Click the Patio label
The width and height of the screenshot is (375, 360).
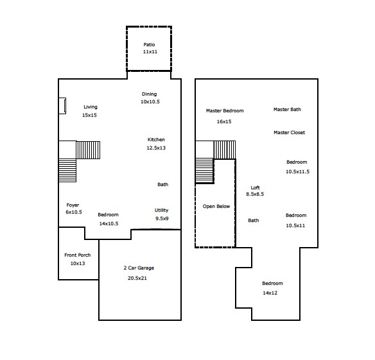pos(148,44)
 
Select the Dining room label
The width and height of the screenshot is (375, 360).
pos(149,94)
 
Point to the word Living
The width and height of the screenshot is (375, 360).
pos(90,107)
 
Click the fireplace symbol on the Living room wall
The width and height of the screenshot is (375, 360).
pos(62,106)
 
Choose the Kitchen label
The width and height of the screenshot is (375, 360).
pos(156,140)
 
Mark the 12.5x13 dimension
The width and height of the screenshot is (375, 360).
pos(156,148)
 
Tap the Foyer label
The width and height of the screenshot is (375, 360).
pos(73,205)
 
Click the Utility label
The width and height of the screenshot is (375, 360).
pos(161,210)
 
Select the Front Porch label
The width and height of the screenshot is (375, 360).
pos(77,255)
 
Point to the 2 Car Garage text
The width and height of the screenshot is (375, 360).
pos(139,268)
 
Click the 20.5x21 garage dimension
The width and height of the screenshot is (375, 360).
pos(139,279)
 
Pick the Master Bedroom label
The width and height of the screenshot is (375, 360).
pos(225,111)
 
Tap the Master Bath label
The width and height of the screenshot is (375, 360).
pos(287,110)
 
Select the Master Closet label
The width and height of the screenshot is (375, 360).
pos(289,133)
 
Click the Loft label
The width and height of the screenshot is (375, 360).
pos(256,186)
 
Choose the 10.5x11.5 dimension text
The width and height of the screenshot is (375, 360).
pos(297,171)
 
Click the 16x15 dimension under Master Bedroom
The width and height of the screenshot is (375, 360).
pos(224,121)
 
